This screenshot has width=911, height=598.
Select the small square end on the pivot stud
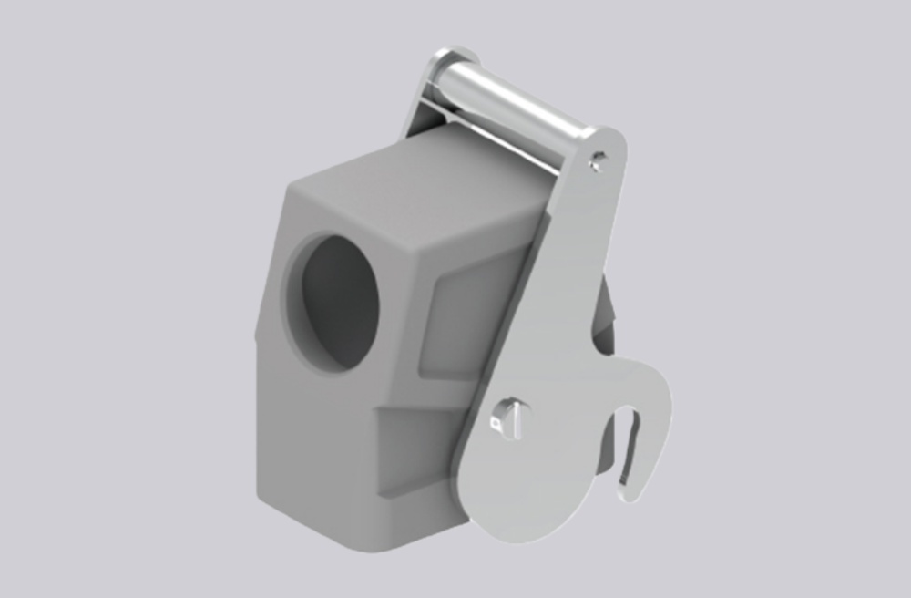[x=496, y=422]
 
